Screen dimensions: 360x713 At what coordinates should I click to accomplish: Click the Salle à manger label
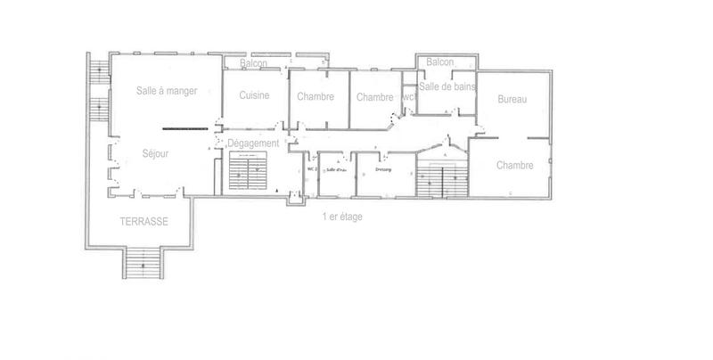click(x=167, y=90)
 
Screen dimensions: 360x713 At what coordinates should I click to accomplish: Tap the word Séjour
click(x=155, y=153)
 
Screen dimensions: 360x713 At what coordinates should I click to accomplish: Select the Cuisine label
click(x=254, y=96)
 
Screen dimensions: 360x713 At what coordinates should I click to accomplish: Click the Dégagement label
click(x=254, y=143)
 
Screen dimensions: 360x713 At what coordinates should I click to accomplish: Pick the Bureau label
click(x=512, y=99)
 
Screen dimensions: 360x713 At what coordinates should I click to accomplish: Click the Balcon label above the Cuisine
click(x=254, y=64)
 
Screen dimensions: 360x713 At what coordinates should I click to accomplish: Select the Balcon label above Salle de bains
click(x=440, y=61)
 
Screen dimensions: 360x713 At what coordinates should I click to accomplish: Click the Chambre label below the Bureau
click(x=515, y=165)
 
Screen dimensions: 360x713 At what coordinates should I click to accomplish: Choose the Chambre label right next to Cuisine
click(x=316, y=97)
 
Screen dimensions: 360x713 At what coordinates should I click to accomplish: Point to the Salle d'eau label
click(x=336, y=168)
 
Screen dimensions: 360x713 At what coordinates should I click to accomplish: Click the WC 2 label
click(x=312, y=168)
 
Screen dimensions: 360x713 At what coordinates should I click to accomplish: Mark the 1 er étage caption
click(x=342, y=217)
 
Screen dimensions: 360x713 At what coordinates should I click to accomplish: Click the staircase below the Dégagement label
click(x=248, y=171)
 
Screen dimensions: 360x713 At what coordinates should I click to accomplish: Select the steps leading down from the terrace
click(x=141, y=263)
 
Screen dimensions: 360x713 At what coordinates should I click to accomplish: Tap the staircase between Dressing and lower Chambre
click(x=443, y=178)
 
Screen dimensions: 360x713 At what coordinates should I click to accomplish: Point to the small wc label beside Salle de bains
click(x=408, y=97)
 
